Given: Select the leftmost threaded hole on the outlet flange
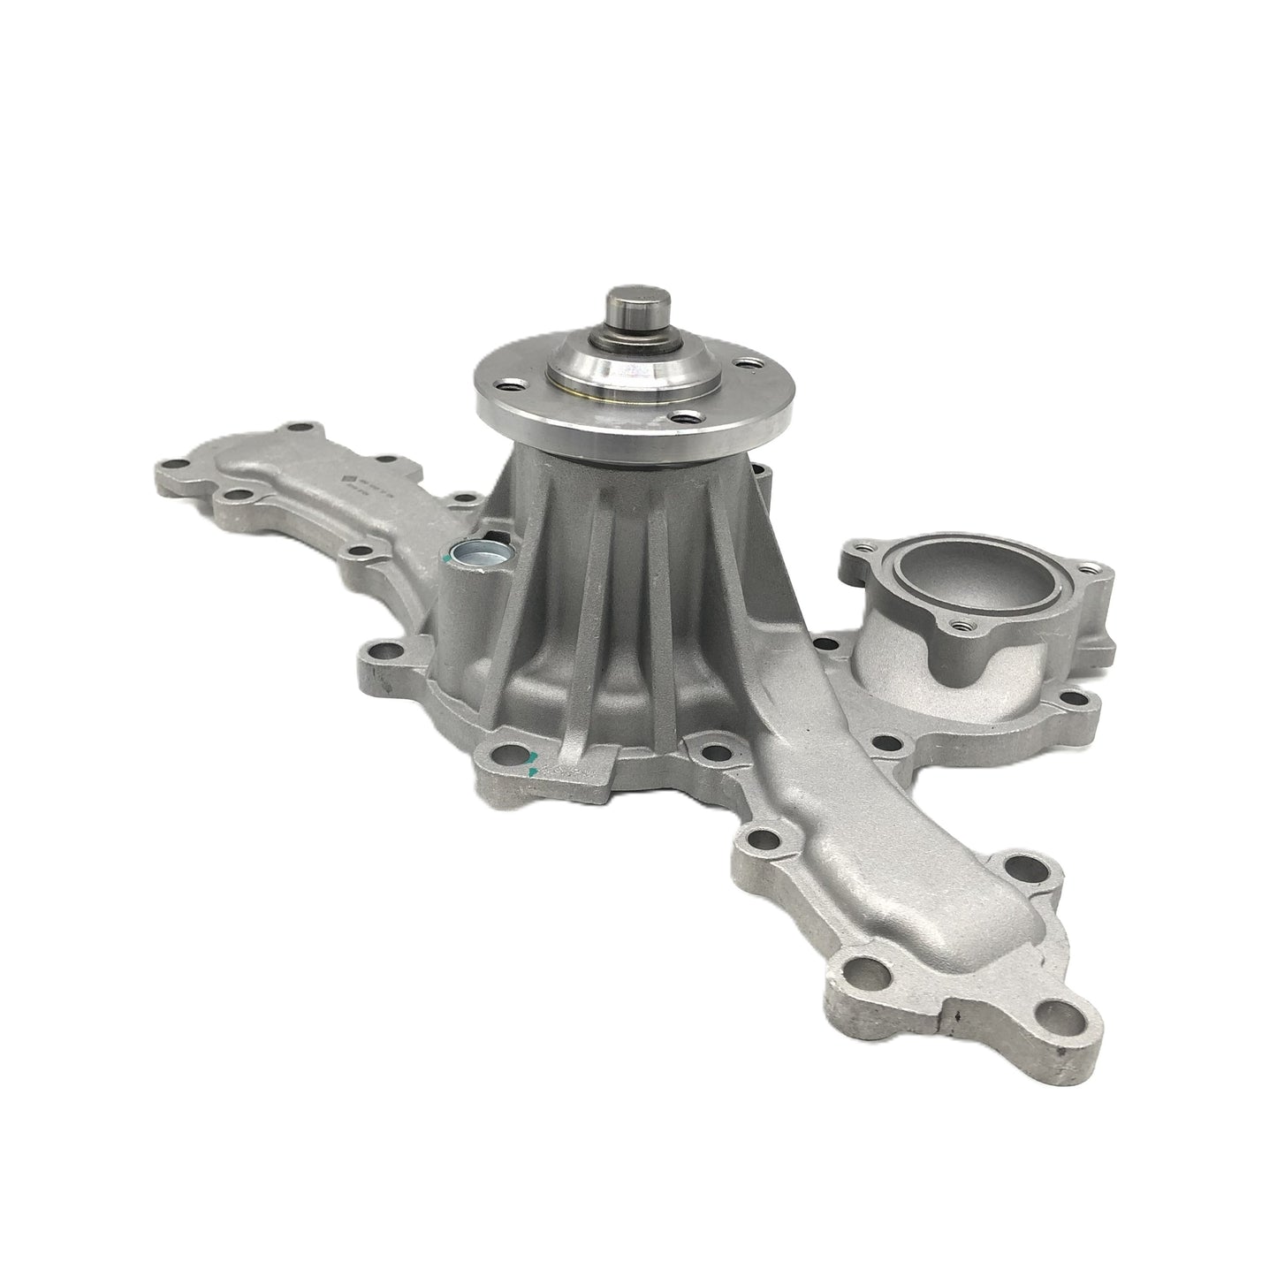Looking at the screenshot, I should (x=851, y=557).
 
